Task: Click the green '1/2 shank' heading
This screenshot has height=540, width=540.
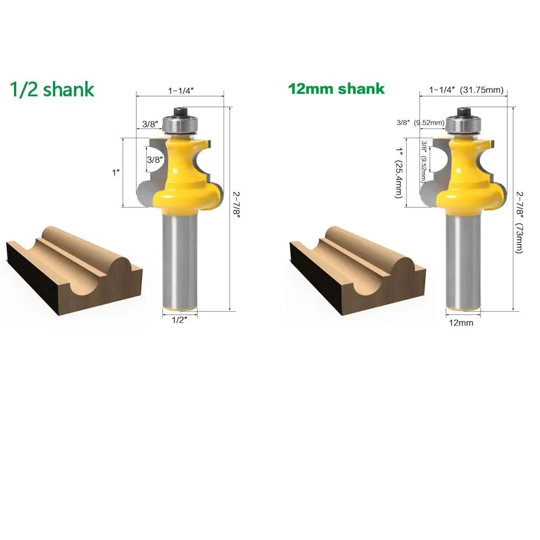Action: (x=52, y=89)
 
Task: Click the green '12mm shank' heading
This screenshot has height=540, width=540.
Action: (x=336, y=89)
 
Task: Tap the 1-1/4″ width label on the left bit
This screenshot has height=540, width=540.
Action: (x=181, y=91)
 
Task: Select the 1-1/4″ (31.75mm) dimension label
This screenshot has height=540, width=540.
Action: (x=466, y=90)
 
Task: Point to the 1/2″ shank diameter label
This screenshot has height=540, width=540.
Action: (x=179, y=320)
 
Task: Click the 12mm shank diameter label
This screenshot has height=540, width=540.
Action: (x=461, y=323)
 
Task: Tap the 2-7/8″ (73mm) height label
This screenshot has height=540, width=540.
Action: (x=519, y=222)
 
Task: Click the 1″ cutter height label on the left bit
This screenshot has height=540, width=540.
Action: (x=116, y=172)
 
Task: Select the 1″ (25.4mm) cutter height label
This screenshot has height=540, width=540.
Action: (x=399, y=173)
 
